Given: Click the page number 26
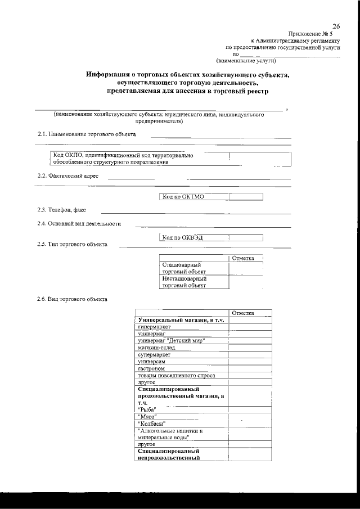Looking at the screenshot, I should click(336, 26).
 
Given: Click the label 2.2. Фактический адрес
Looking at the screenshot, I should click(67, 175).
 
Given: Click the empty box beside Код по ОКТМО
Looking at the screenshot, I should click(246, 196).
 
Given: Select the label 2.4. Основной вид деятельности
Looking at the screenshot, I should click(79, 223).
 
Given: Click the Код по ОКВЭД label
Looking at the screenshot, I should click(182, 237).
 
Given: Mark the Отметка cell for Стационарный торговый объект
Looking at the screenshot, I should click(245, 268).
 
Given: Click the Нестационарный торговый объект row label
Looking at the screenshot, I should click(184, 282).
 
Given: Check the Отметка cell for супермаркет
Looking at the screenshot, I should click(250, 355).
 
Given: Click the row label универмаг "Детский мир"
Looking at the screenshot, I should click(171, 341).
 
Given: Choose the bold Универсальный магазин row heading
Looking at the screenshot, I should click(181, 320).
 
